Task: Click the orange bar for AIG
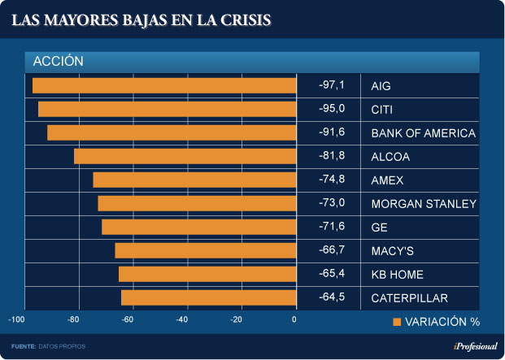[x=164, y=85]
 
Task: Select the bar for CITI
[x=168, y=109]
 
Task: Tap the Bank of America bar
[x=172, y=132]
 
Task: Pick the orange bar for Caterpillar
[x=209, y=297]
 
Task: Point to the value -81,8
[x=332, y=156]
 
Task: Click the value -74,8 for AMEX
[x=332, y=180]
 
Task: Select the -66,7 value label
[x=332, y=250]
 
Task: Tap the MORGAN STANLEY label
[x=423, y=203]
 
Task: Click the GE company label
[x=380, y=227]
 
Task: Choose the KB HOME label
[x=397, y=274]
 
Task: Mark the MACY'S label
[x=393, y=250]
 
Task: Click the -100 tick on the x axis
[x=16, y=319]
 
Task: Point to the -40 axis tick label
[x=182, y=319]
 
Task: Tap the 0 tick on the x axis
[x=294, y=319]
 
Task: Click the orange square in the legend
[x=397, y=321]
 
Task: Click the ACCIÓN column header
[x=59, y=62]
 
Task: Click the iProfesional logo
[x=470, y=346]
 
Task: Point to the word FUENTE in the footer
[x=24, y=346]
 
